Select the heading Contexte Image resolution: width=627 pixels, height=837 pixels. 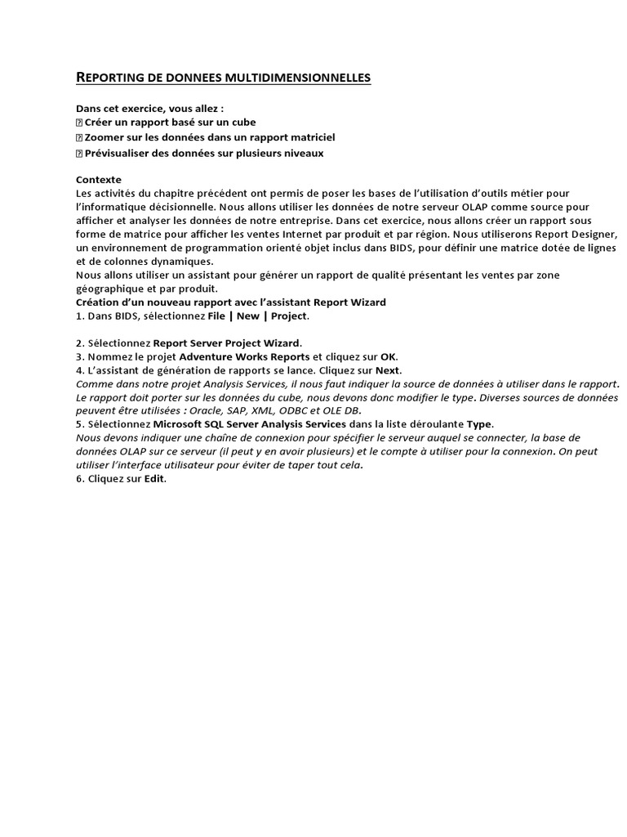pos(98,180)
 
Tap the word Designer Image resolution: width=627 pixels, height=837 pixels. pos(594,234)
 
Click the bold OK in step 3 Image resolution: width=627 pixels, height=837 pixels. pos(389,356)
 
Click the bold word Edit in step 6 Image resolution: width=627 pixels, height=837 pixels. pos(154,479)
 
